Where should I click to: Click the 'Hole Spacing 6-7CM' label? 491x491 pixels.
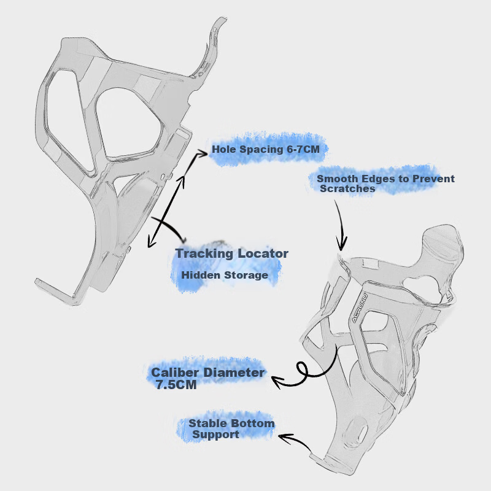[x=266, y=149]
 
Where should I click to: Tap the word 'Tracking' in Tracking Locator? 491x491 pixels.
[x=204, y=253]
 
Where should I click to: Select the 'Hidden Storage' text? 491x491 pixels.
[x=225, y=275]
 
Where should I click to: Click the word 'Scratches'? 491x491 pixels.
[x=347, y=188]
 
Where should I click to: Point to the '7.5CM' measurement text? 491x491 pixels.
[x=176, y=385]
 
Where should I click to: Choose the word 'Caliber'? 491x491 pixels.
[x=175, y=373]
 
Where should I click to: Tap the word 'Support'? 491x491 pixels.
[x=215, y=435]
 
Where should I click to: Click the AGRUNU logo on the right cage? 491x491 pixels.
[x=359, y=307]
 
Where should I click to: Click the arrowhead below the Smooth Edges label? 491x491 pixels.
[x=341, y=244]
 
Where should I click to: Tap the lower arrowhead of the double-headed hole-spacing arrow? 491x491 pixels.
[x=151, y=242]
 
